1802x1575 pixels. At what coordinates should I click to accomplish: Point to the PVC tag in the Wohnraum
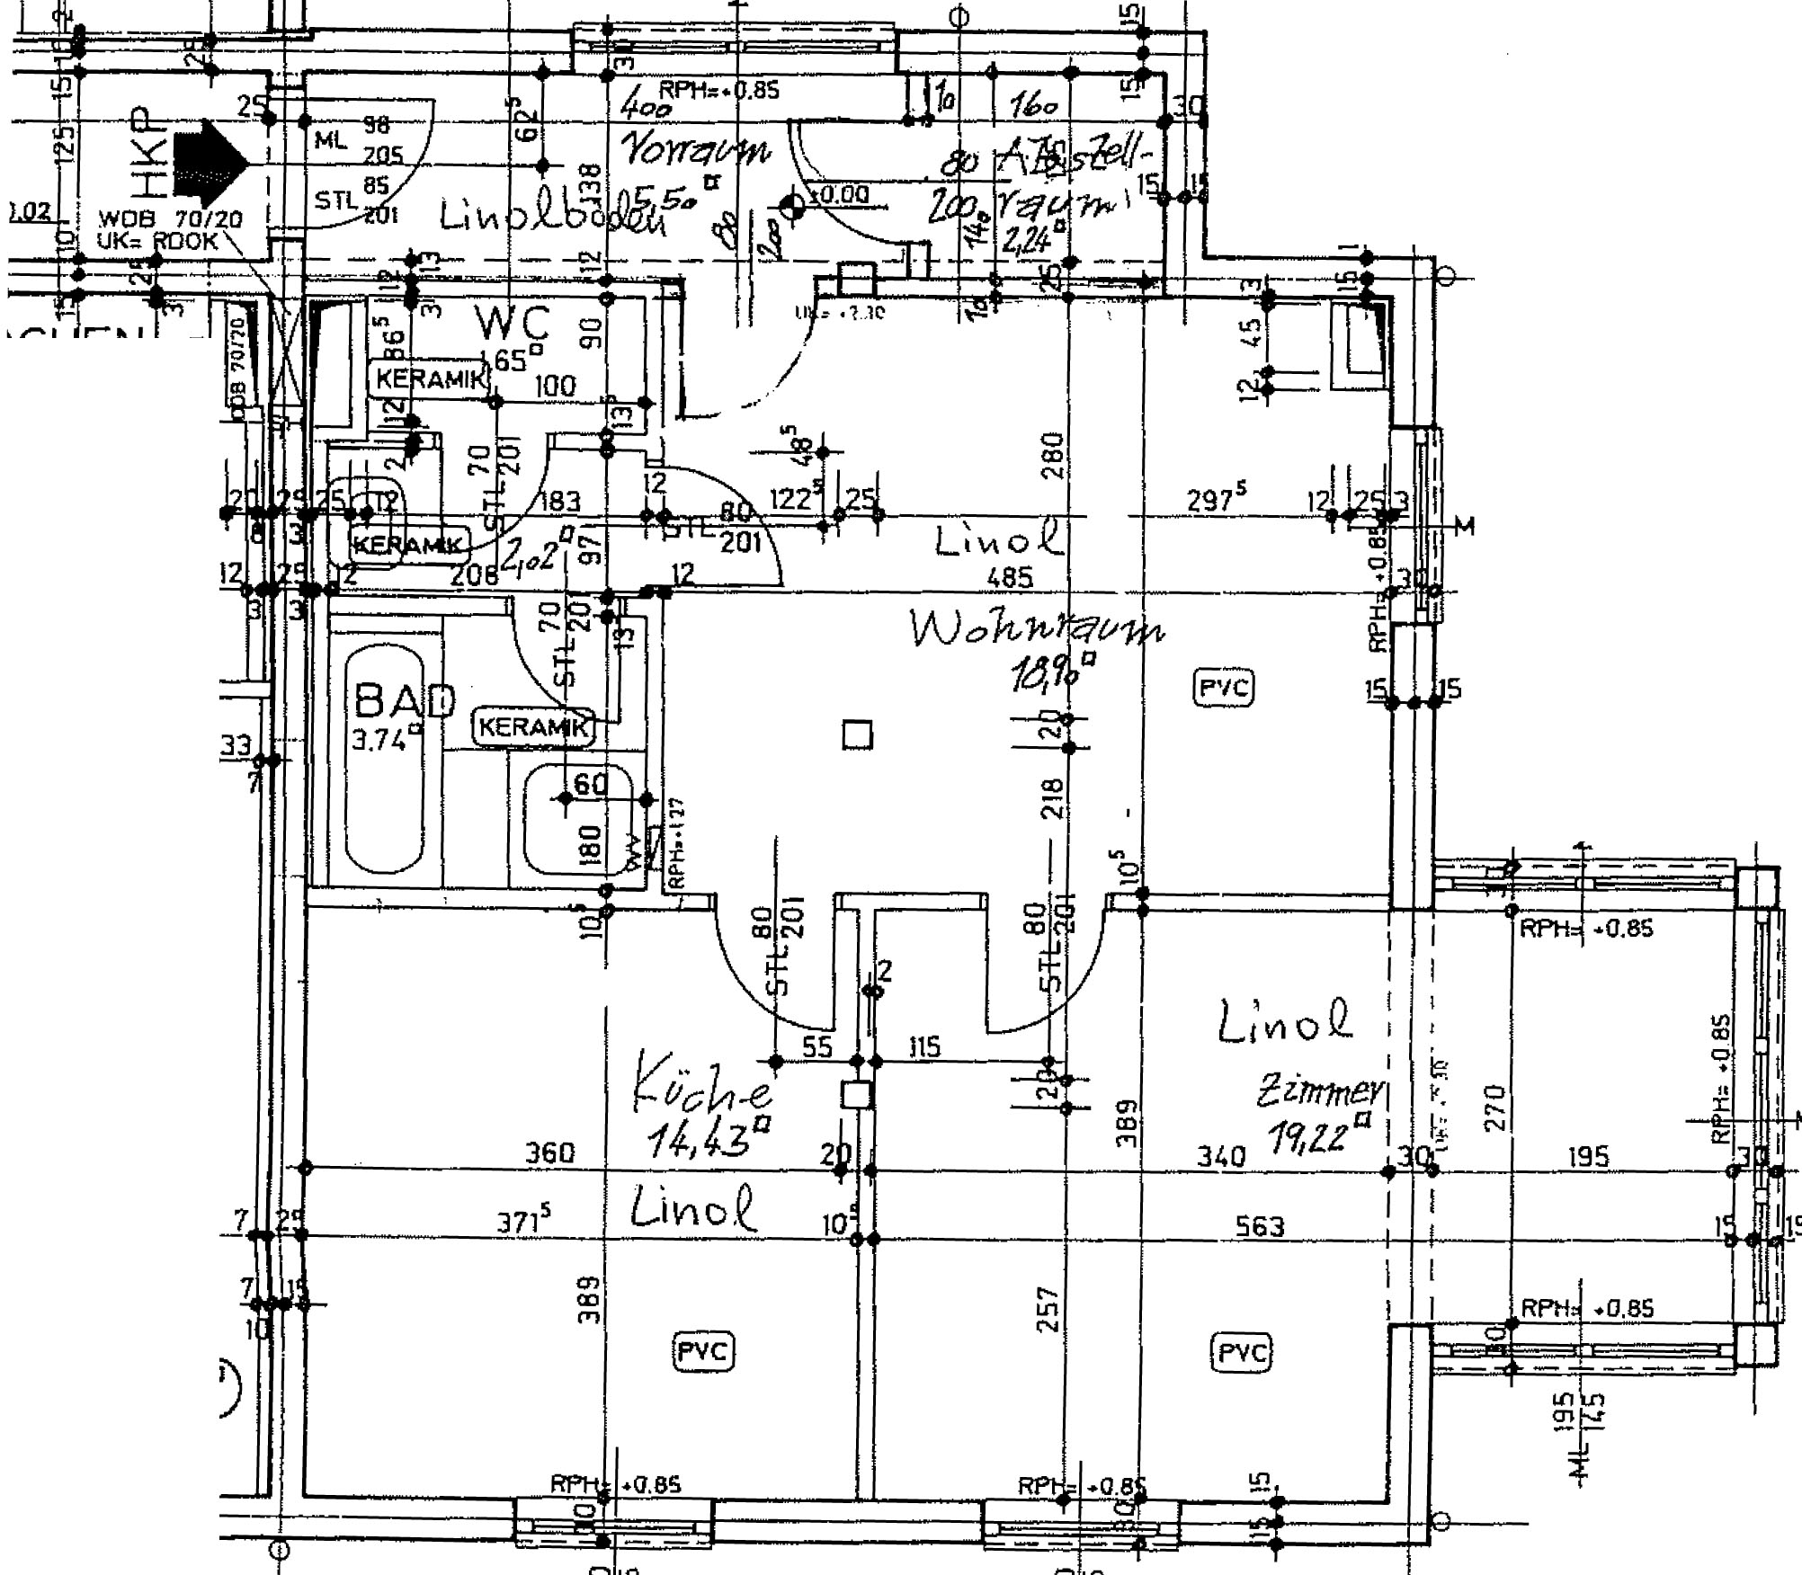[1224, 688]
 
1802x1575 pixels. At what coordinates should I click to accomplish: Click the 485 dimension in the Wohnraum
[1009, 577]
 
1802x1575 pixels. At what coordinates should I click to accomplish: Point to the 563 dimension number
[1260, 1226]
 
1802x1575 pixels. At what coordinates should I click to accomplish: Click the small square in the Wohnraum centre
[857, 736]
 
